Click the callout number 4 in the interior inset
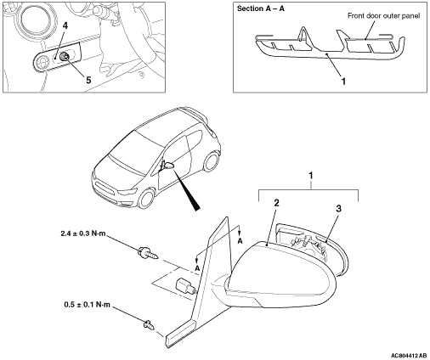[65, 25]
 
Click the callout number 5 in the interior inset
[88, 80]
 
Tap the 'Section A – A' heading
[261, 8]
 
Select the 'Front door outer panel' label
[383, 16]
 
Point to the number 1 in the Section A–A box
[343, 82]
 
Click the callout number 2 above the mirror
[276, 203]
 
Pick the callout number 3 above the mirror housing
[338, 209]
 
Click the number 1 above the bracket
[311, 176]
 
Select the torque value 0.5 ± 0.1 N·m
[87, 305]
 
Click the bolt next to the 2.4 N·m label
[148, 253]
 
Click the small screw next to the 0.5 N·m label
[150, 325]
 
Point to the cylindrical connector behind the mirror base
[185, 286]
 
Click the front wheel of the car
[147, 199]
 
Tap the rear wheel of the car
[212, 162]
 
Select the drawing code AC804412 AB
[409, 356]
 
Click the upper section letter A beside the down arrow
[240, 241]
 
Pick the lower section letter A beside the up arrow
[197, 268]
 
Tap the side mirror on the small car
[167, 166]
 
